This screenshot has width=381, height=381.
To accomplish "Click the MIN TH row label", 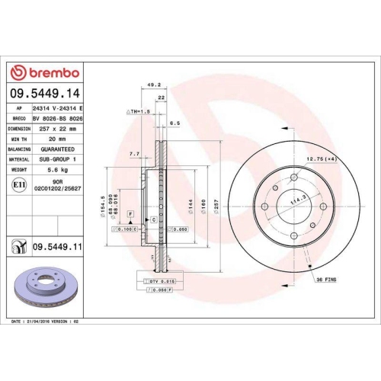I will (18, 139).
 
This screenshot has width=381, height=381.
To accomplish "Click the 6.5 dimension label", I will (174, 123).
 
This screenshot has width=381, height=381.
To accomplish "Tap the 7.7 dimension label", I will (134, 154).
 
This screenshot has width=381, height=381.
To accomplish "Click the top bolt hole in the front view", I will (293, 174).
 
